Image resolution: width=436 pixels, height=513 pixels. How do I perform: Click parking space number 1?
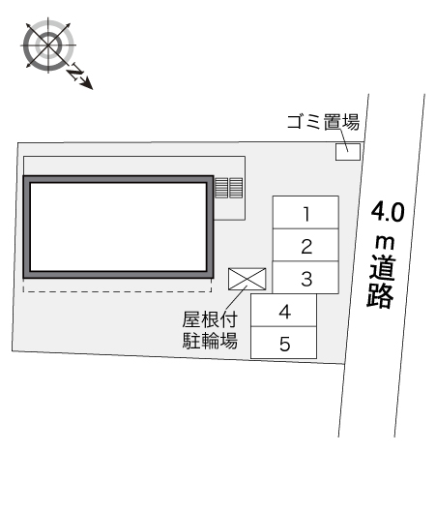coord(305,212)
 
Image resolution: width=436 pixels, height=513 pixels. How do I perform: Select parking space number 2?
coord(305,245)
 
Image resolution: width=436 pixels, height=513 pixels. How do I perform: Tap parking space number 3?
coord(305,278)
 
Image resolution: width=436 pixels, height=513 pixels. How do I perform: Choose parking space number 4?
coord(283,310)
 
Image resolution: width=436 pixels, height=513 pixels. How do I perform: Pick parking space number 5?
coord(283,343)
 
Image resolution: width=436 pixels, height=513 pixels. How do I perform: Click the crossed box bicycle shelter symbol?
coord(247,279)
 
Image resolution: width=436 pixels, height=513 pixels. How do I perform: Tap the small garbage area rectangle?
coord(348,152)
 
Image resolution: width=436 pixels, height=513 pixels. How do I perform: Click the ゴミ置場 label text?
coord(323,122)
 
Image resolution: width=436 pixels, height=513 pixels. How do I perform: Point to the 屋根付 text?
coord(210,319)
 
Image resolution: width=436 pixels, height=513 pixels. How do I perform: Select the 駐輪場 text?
coord(210,341)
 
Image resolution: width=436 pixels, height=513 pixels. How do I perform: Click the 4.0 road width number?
coord(388,212)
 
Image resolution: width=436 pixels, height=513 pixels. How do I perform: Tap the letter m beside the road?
coord(385,242)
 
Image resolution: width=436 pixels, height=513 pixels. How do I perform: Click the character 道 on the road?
coord(383,269)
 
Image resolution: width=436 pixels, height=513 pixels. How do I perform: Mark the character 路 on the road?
coord(380,296)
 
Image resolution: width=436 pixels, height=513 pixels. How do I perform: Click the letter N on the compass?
coord(75,73)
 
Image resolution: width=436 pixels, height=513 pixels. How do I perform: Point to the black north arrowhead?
coord(87,83)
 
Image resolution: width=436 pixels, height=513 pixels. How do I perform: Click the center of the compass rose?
coord(48,45)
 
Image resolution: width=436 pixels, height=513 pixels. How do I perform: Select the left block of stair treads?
coord(221,188)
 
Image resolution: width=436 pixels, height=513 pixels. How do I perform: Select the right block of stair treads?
coord(236,188)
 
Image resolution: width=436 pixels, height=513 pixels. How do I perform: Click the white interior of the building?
coord(118,227)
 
